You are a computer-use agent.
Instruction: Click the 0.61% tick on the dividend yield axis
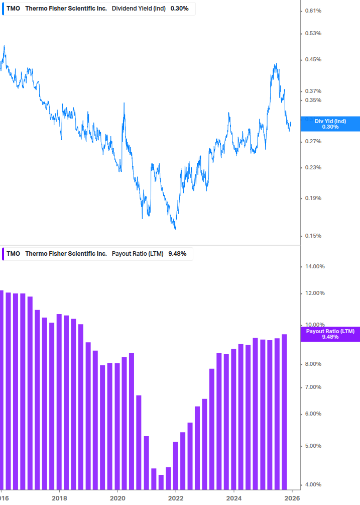click(313, 11)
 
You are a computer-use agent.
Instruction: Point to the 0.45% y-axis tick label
click(313, 60)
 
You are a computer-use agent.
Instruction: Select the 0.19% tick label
click(313, 198)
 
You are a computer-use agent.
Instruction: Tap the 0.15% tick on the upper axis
click(313, 236)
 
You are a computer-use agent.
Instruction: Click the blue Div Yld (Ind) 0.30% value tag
click(330, 124)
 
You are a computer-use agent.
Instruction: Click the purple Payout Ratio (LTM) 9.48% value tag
click(330, 334)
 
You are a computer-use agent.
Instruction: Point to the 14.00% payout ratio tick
click(315, 267)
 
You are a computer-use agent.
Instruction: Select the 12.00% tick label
click(315, 293)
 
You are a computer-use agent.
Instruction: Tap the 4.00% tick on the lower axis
click(314, 485)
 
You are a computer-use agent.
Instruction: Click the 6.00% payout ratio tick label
click(314, 414)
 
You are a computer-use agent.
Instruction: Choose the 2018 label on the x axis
click(59, 498)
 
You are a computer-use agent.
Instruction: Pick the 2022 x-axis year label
click(176, 498)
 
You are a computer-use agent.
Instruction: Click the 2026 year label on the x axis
click(292, 498)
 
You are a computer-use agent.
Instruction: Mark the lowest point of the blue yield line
click(175, 229)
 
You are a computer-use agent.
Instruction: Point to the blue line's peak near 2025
click(276, 64)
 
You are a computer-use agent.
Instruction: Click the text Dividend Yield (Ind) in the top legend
click(139, 9)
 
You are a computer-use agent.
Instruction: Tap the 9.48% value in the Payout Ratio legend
click(177, 254)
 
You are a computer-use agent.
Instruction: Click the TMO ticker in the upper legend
click(14, 9)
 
